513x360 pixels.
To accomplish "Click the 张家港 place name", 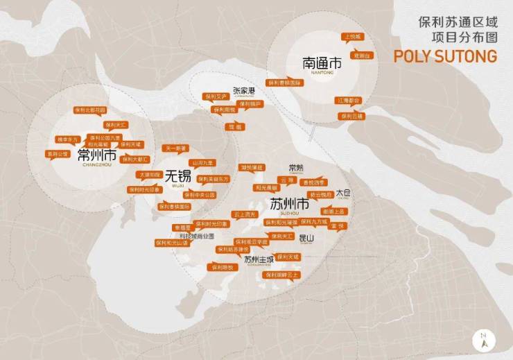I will click(244, 91).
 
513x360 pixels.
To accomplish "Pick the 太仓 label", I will click(343, 194).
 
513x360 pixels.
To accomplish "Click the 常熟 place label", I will click(296, 168).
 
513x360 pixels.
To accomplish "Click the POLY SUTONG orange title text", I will click(445, 56).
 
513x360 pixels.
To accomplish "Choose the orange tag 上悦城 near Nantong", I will click(354, 36).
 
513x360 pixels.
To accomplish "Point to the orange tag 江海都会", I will click(349, 101).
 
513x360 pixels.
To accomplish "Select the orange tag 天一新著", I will click(175, 148).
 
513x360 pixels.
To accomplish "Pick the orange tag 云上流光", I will click(244, 214).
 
